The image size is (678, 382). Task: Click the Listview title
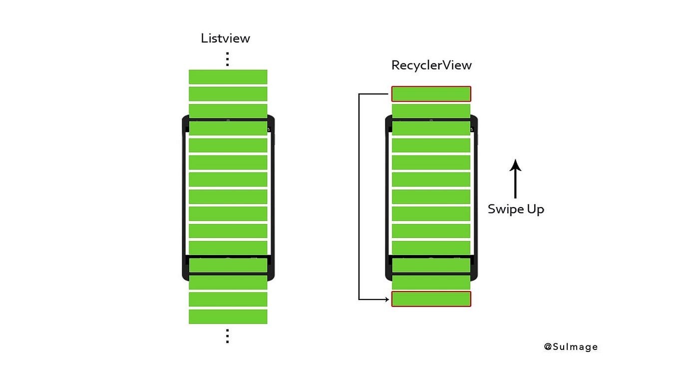pos(225,38)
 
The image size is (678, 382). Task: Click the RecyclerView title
pos(431,65)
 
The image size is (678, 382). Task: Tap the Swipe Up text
pos(516,209)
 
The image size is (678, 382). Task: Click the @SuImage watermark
pos(571,347)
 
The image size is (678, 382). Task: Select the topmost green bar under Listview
pos(228,77)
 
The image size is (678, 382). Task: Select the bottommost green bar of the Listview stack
pos(228,316)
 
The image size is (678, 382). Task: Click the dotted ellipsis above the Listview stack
pos(227,59)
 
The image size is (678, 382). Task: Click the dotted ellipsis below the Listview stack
pos(227,336)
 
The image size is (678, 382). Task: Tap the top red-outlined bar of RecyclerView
pos(431,94)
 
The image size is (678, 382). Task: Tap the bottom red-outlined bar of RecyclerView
pos(431,299)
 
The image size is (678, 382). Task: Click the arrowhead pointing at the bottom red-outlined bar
pos(387,299)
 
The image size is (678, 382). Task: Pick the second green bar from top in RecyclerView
pos(431,111)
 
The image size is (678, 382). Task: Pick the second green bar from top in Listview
pos(228,94)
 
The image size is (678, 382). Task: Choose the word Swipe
pos(505,209)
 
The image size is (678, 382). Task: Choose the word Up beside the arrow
pos(535,209)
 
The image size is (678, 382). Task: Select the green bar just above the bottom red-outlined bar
pos(431,282)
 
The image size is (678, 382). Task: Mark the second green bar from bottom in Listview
pos(228,299)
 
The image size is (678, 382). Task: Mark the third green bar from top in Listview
pos(228,111)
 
